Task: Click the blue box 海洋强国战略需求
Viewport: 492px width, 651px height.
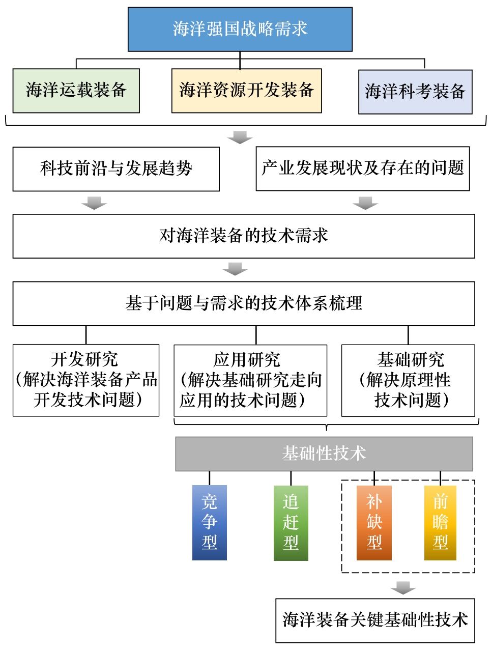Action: [x=240, y=29]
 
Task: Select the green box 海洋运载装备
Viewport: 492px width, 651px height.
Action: [x=76, y=91]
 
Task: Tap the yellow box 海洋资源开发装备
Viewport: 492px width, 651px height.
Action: [x=246, y=91]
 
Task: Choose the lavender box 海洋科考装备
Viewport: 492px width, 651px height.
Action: [x=415, y=92]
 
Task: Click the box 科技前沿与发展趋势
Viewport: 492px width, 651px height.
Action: [x=116, y=169]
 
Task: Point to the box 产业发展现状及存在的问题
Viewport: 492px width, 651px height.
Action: [x=362, y=168]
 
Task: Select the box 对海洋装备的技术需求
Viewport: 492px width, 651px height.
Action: [x=244, y=236]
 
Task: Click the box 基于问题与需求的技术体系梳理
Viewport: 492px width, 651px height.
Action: [x=244, y=303]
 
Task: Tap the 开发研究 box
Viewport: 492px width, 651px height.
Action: [x=86, y=380]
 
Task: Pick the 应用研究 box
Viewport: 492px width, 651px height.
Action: [x=250, y=380]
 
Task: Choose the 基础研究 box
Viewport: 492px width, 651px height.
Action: [x=408, y=380]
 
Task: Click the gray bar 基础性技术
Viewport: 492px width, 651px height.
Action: [x=324, y=454]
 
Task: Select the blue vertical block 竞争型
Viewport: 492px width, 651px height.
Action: [x=210, y=522]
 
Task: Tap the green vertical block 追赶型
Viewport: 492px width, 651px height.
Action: [x=291, y=523]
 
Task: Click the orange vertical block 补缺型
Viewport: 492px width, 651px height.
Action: [x=374, y=523]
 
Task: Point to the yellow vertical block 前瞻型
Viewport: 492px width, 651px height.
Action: [x=440, y=523]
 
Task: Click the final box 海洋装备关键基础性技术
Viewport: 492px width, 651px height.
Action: [x=375, y=620]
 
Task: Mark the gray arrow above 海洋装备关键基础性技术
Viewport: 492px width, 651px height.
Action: [x=403, y=587]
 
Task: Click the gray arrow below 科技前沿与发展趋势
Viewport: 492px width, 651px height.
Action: [x=94, y=203]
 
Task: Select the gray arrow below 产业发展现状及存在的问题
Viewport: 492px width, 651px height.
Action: [x=365, y=203]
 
